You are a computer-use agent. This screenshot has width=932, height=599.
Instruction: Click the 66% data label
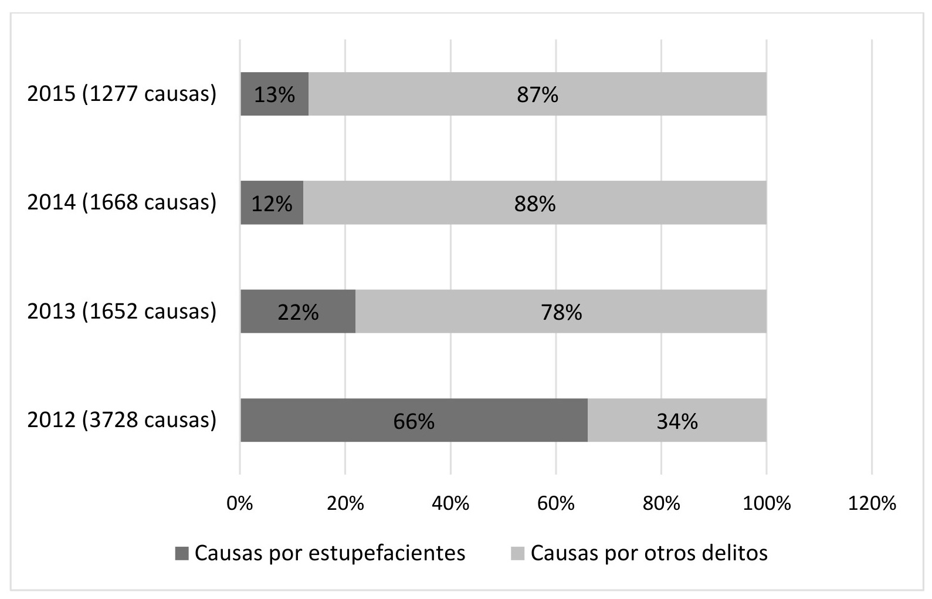[414, 421]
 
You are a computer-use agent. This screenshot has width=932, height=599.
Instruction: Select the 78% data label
[561, 312]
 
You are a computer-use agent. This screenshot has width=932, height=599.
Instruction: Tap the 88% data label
[534, 204]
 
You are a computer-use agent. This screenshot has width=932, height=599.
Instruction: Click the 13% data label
[274, 94]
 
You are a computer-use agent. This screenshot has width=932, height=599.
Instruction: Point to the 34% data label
[677, 421]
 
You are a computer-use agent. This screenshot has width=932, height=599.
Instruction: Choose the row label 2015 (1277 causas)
[122, 94]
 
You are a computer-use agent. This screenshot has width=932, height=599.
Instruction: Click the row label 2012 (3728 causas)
[122, 420]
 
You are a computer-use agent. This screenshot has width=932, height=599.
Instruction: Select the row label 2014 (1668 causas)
[122, 202]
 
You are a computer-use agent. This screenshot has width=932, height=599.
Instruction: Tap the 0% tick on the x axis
[240, 503]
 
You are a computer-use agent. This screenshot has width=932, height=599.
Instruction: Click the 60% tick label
[556, 503]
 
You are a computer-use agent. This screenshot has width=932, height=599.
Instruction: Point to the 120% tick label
[872, 503]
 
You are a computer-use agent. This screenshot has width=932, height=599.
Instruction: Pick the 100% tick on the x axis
[767, 503]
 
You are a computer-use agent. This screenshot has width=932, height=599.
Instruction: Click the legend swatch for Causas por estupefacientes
[182, 553]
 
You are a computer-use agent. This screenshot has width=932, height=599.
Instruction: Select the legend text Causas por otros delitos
[649, 553]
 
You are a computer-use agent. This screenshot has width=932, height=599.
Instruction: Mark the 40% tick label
[450, 503]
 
